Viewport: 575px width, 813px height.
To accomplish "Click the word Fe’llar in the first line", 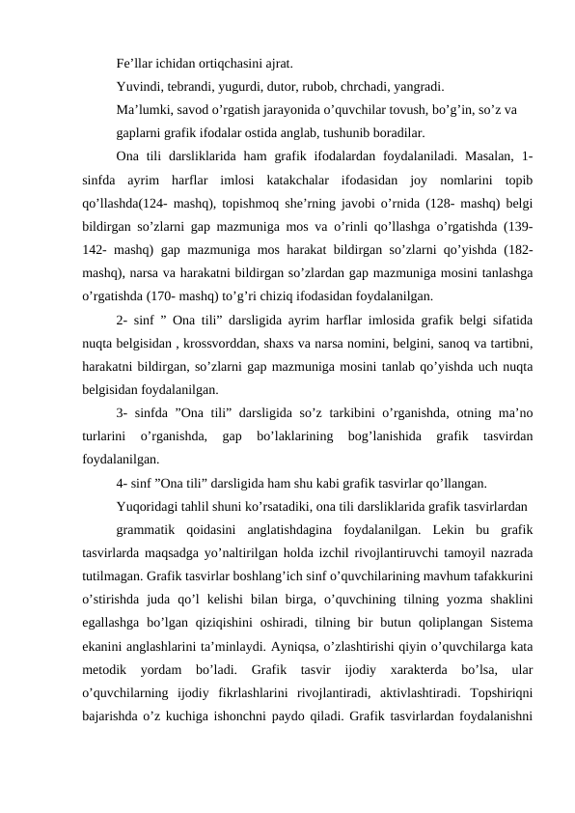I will click(134, 38).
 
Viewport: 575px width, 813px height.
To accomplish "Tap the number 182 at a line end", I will click(517, 249).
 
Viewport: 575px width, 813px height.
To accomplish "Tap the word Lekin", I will click(452, 530).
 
